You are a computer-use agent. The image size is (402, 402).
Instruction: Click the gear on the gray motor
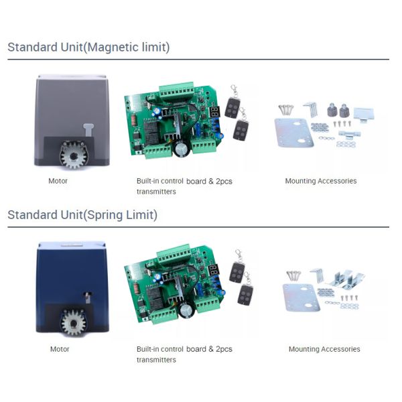click(x=73, y=155)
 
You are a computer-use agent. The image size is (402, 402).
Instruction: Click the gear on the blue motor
click(x=74, y=323)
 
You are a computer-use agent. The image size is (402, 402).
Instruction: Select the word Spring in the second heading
click(x=105, y=215)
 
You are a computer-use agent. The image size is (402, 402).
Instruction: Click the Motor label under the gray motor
click(x=58, y=181)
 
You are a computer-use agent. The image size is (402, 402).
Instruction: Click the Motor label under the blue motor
click(x=60, y=349)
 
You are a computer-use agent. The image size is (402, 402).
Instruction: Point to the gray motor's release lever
click(x=88, y=131)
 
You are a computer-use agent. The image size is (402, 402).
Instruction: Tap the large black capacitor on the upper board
click(x=182, y=149)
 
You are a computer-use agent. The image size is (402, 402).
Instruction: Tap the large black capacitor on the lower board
click(x=187, y=311)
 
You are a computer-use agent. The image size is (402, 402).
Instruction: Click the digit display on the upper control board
click(x=215, y=111)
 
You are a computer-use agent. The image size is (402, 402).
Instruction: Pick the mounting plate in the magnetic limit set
click(x=294, y=133)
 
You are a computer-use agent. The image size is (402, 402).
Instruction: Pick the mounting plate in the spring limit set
click(x=301, y=297)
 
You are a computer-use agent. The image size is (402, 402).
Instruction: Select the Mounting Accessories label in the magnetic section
click(x=321, y=181)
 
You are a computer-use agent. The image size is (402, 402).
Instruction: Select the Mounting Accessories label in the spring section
click(x=324, y=349)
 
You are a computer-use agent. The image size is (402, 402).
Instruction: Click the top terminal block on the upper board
click(x=177, y=90)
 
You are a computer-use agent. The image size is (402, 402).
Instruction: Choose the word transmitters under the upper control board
click(x=156, y=192)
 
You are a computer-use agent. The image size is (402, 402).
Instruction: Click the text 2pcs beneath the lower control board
click(x=224, y=349)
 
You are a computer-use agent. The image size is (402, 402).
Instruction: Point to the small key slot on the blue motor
click(x=88, y=297)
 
